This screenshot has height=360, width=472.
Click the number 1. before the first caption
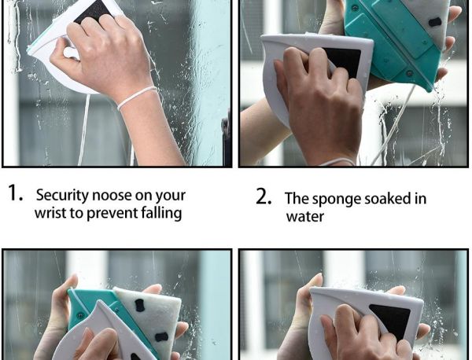(x=15, y=193)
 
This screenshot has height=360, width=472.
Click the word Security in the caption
(x=62, y=196)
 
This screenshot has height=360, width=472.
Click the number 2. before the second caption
(x=264, y=197)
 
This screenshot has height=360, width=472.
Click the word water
(x=305, y=216)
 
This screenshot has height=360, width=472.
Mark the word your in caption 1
(x=171, y=197)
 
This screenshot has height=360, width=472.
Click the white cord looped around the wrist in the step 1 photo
(x=137, y=97)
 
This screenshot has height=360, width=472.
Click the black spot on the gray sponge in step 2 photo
(x=435, y=22)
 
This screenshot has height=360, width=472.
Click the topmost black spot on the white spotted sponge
(x=140, y=305)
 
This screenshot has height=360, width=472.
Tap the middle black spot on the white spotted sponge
(x=161, y=337)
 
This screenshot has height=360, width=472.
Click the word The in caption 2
(x=297, y=199)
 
